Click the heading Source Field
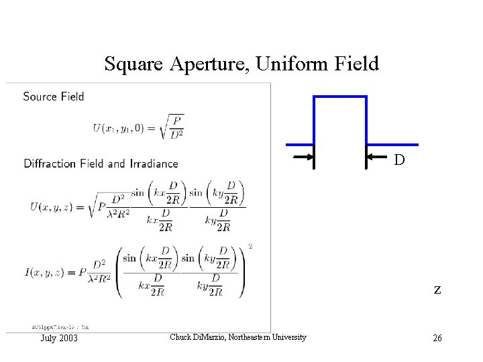pos(54,97)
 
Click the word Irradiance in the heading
pos(152,164)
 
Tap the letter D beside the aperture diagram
pos(399,162)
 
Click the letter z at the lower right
pos(437,290)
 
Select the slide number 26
pos(437,338)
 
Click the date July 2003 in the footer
pos(58,338)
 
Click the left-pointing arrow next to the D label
pos(376,158)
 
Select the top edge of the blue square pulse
pos(340,97)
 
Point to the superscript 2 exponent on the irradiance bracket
pos(250,247)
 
